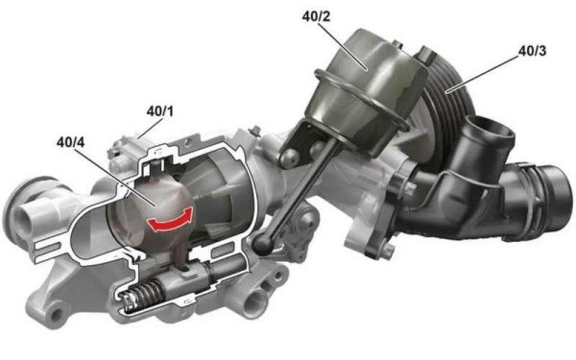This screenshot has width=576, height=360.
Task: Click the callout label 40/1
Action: pyautogui.click(x=159, y=111)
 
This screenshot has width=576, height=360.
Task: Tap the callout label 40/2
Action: pyautogui.click(x=316, y=16)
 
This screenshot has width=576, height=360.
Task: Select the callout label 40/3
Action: pyautogui.click(x=532, y=51)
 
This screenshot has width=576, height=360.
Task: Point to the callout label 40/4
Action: pyautogui.click(x=70, y=142)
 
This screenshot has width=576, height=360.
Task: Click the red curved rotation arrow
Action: pyautogui.click(x=171, y=221)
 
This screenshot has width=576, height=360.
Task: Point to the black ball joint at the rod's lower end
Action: pyautogui.click(x=263, y=244)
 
